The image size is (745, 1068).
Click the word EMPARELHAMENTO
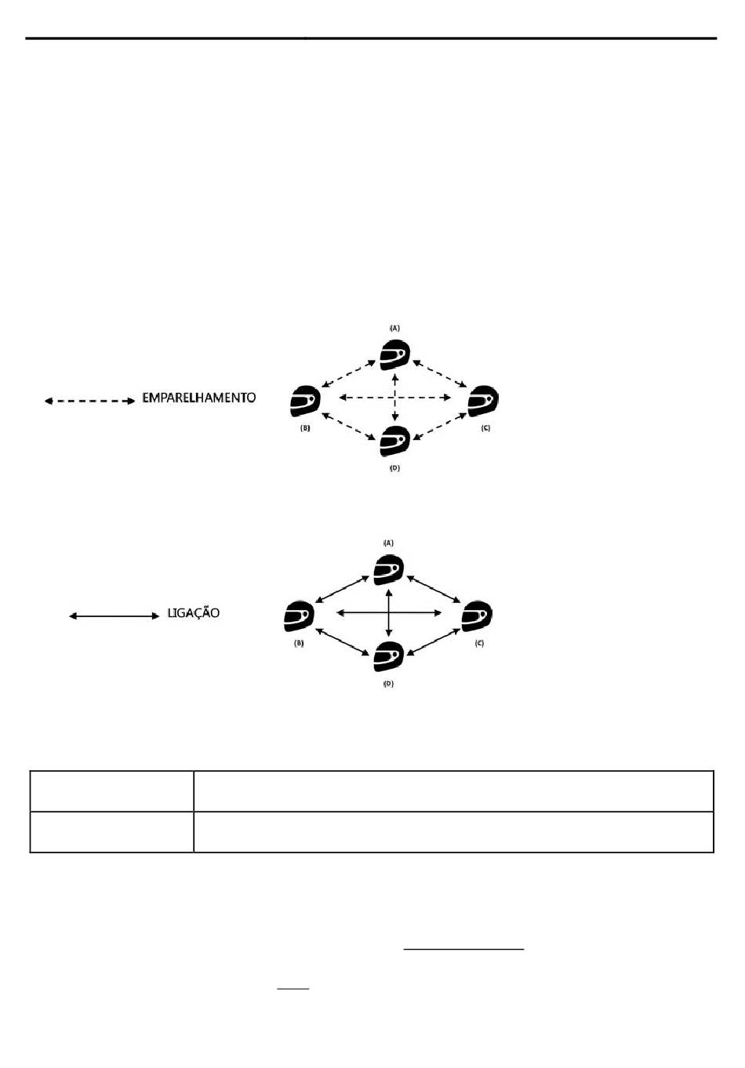tap(199, 398)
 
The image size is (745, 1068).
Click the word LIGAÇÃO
tap(194, 612)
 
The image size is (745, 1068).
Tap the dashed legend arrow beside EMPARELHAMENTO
tap(89, 401)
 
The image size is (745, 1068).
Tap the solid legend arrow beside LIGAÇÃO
tap(114, 616)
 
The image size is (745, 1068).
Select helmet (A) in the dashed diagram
tap(395, 355)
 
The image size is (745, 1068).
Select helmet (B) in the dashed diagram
tap(305, 401)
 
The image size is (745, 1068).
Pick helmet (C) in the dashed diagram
tap(483, 401)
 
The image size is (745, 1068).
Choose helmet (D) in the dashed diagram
tap(395, 441)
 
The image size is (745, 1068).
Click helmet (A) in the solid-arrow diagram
tap(389, 570)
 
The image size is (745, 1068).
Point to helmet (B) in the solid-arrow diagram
tap(299, 616)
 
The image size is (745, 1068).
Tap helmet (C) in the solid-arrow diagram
tap(477, 616)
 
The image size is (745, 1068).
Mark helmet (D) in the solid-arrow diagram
tap(389, 656)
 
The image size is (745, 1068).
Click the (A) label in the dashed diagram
tap(395, 328)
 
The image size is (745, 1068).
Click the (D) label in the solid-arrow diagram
tap(389, 683)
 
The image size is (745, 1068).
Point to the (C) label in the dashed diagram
tap(485, 428)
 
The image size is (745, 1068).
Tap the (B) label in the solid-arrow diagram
tap(299, 643)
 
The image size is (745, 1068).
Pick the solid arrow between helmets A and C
tap(434, 589)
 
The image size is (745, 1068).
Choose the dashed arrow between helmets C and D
tap(440, 427)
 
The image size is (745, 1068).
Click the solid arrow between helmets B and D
tap(342, 641)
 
